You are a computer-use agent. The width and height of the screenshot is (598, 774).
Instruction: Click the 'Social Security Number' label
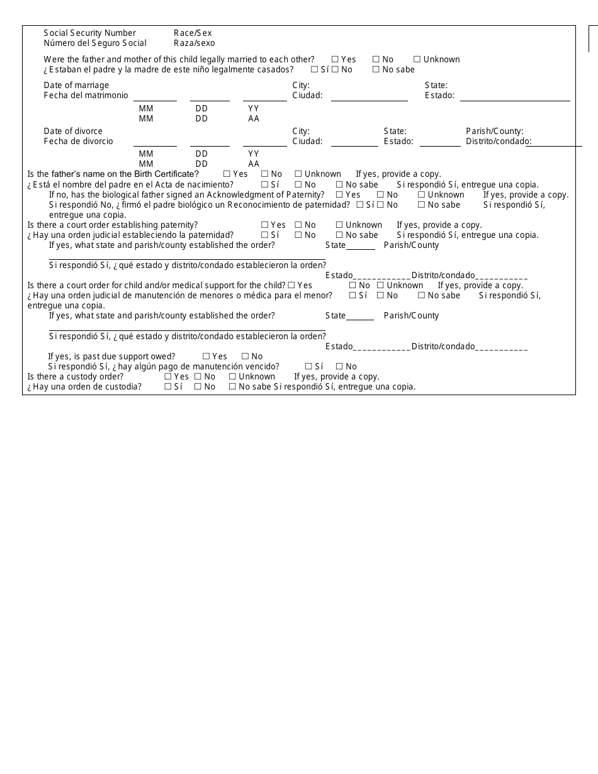click(x=89, y=33)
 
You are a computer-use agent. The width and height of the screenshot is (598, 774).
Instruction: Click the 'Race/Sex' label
click(x=193, y=33)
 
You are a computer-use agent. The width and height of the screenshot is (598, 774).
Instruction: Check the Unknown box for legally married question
click(x=417, y=59)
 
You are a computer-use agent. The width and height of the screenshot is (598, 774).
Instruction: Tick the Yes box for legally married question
click(x=335, y=59)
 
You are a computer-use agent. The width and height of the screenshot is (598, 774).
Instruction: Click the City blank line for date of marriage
click(x=369, y=97)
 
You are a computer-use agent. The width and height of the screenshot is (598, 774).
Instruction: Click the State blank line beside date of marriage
click(x=514, y=97)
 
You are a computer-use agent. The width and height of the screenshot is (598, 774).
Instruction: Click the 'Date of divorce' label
click(x=73, y=131)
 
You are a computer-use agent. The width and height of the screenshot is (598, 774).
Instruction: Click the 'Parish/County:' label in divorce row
click(x=494, y=131)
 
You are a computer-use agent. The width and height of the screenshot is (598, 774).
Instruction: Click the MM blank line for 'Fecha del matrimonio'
click(x=155, y=97)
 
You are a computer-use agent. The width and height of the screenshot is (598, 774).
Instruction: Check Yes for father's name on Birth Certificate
click(x=227, y=174)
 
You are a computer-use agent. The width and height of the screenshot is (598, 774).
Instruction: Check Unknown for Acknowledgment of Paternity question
click(x=421, y=194)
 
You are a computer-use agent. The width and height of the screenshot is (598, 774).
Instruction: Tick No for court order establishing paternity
click(x=298, y=225)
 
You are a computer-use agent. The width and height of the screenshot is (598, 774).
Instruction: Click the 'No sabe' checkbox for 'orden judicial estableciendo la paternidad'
click(x=339, y=235)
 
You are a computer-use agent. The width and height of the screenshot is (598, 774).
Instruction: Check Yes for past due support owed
click(x=206, y=356)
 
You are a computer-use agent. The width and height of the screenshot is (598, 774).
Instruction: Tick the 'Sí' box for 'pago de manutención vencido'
click(x=308, y=366)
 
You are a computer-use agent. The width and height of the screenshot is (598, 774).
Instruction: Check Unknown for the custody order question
click(x=232, y=376)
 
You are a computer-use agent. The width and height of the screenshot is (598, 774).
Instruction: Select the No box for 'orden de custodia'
click(x=198, y=386)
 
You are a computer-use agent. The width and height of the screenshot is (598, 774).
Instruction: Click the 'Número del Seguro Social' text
click(x=94, y=43)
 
